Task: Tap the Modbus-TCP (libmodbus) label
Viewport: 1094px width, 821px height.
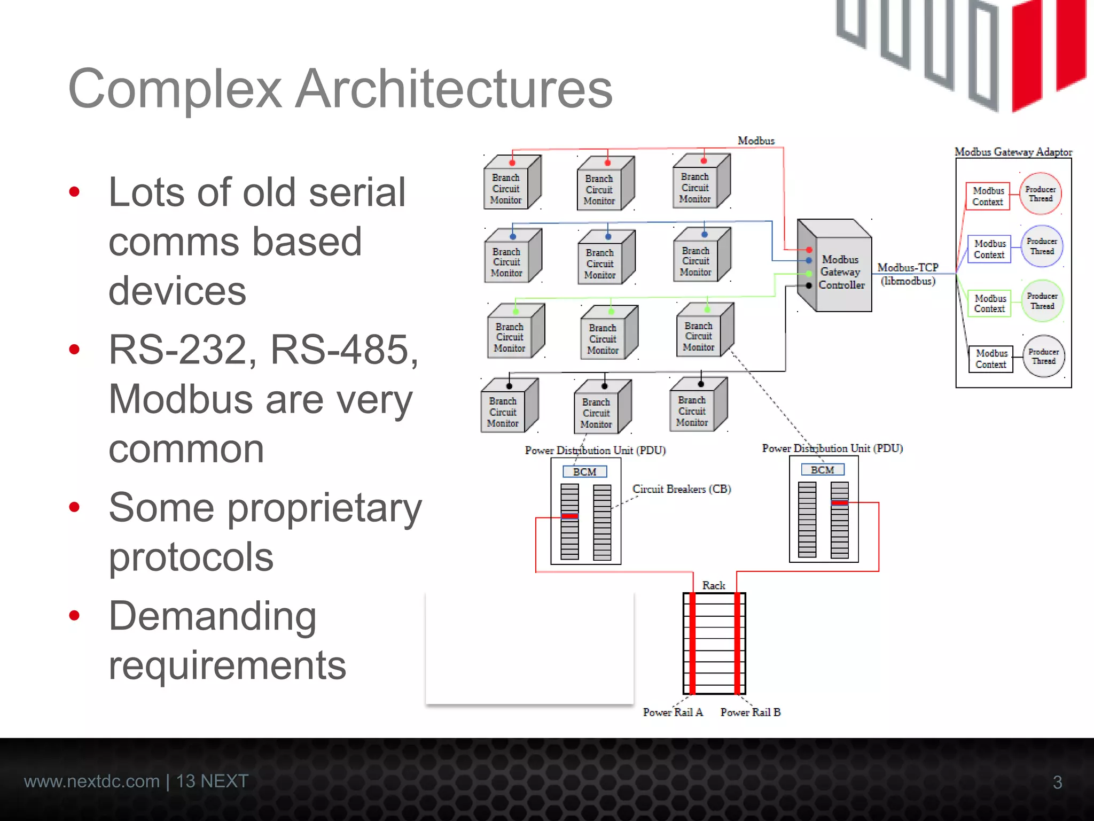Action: (908, 274)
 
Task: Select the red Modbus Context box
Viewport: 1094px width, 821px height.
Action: (988, 196)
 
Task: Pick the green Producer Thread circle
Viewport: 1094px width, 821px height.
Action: (1042, 301)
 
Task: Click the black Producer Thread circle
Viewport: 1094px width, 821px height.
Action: (1044, 357)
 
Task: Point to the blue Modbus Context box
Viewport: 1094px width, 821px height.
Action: (989, 249)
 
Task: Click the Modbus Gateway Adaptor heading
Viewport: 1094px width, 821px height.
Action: (1013, 152)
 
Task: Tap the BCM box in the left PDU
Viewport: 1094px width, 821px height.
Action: (584, 471)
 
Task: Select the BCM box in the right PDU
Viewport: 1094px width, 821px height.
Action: (822, 470)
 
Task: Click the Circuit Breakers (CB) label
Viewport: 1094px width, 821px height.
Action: (681, 489)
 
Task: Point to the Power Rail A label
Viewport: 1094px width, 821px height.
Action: (673, 712)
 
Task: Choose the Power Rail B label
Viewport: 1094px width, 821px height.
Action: (750, 712)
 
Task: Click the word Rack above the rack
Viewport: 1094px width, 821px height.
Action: (714, 585)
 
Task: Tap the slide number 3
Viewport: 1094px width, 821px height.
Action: (1057, 783)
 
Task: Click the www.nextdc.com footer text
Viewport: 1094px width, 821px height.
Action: (92, 781)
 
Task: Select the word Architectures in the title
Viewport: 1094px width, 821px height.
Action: (454, 89)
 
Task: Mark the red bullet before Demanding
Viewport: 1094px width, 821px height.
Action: (74, 615)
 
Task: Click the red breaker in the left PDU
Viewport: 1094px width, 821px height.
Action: (569, 516)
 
